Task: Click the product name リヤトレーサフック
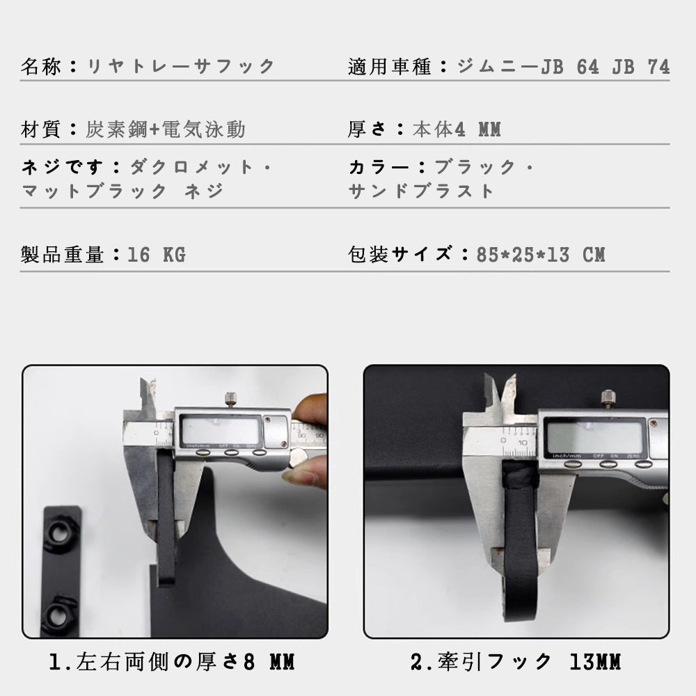coord(181,67)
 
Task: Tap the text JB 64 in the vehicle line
coord(569,67)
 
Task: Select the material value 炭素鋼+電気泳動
coord(165,129)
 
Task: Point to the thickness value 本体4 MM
coord(457,129)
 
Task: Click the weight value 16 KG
coord(156,255)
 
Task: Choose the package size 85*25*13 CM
coord(541,255)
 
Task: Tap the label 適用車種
coord(389,67)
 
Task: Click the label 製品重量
coord(62,255)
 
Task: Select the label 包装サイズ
coord(400,254)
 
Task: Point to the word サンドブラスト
coord(421,191)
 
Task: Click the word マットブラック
coord(94,191)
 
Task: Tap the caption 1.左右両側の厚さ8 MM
coord(172,662)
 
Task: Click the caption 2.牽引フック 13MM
coord(515,662)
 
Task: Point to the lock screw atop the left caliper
coord(230,399)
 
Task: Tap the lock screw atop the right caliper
coord(607,400)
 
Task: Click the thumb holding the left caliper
coord(310,407)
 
